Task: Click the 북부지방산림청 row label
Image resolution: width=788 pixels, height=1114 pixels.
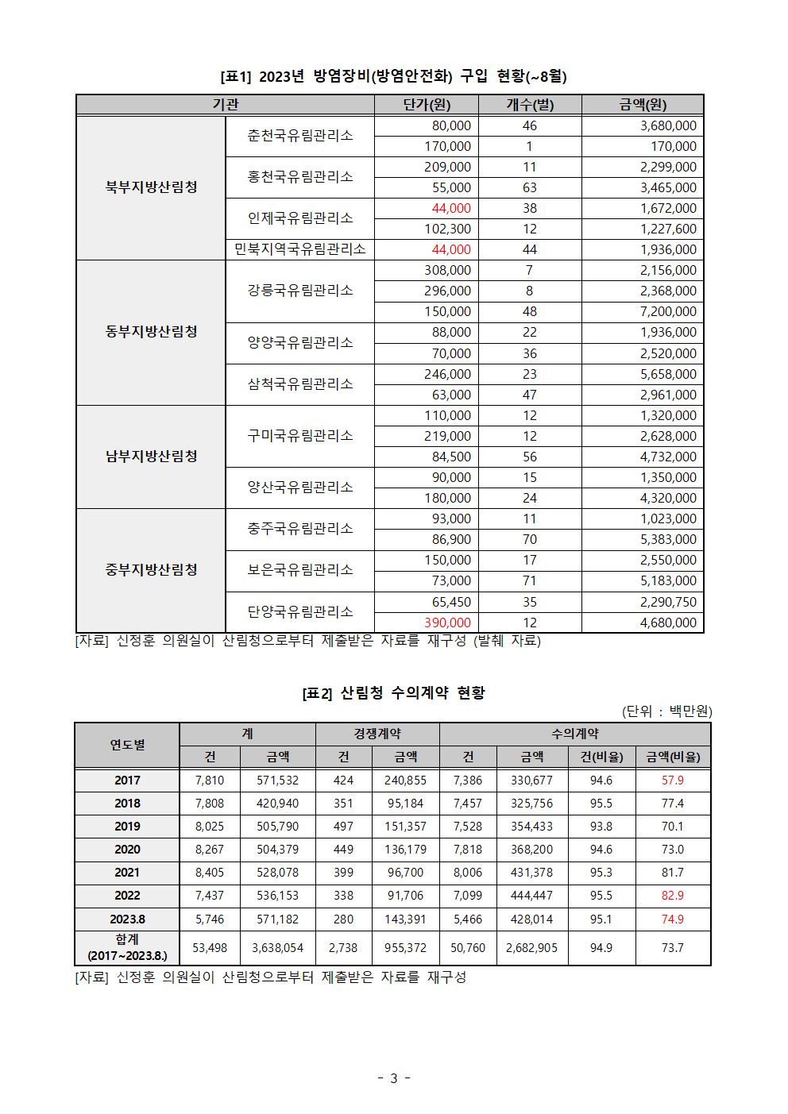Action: pyautogui.click(x=151, y=187)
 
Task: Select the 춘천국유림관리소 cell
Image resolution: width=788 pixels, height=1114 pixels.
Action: pyautogui.click(x=299, y=136)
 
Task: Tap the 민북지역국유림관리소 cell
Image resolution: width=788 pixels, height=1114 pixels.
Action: pyautogui.click(x=299, y=249)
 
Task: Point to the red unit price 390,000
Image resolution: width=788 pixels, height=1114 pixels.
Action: pyautogui.click(x=447, y=623)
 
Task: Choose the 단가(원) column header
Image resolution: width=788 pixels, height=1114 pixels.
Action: pyautogui.click(x=427, y=105)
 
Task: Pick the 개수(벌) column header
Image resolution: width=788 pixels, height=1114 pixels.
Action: pyautogui.click(x=530, y=105)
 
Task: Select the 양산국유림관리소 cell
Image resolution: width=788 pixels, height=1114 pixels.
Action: pyautogui.click(x=299, y=487)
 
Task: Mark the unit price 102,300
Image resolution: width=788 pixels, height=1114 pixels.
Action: pyautogui.click(x=447, y=229)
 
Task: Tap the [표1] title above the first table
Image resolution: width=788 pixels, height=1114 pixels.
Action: pyautogui.click(x=393, y=76)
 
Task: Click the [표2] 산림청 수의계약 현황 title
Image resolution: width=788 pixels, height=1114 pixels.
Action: pyautogui.click(x=393, y=693)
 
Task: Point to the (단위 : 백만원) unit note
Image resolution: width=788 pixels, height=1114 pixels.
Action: pyautogui.click(x=666, y=711)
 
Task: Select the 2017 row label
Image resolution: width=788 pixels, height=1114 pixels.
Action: pyautogui.click(x=127, y=781)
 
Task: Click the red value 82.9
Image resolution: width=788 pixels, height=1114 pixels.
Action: pyautogui.click(x=672, y=896)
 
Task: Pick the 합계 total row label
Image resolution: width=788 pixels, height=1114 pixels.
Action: pyautogui.click(x=127, y=947)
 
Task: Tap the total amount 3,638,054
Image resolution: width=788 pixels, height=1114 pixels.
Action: pyautogui.click(x=277, y=948)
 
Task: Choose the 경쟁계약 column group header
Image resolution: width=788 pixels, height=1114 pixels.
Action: pyautogui.click(x=377, y=734)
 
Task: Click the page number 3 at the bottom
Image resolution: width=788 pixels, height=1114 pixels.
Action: pyautogui.click(x=393, y=1078)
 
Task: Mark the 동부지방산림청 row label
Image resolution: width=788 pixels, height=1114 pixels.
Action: pyautogui.click(x=151, y=332)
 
